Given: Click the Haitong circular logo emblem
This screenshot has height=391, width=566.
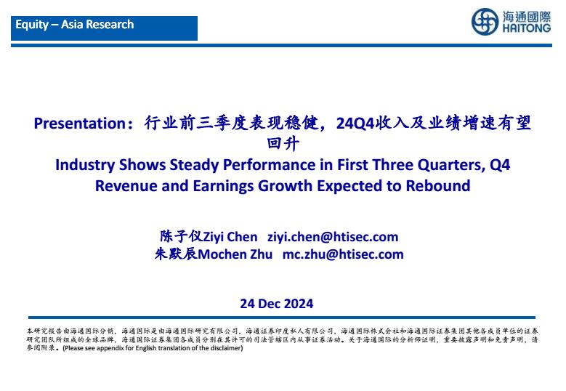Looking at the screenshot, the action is pos(485,22).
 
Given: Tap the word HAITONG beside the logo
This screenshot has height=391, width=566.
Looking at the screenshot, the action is pos(526,28).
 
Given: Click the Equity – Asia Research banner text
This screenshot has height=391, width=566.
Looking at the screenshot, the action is pos(75,25).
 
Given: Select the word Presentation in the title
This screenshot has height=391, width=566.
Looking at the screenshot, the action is pos(79,124).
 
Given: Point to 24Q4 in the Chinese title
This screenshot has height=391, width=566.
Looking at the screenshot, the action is pos(355,124).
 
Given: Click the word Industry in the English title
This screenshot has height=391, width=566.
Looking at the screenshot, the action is pos(85,166).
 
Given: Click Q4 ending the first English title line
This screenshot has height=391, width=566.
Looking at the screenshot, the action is pos(500,165).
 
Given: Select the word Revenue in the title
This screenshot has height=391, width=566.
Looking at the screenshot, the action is pos(126,186).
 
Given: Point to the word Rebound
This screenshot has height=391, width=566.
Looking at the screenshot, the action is pos(438,186).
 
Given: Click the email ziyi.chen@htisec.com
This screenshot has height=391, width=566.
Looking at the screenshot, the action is pos(333,237).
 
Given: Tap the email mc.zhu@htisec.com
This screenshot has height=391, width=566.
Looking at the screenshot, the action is pos(343,254).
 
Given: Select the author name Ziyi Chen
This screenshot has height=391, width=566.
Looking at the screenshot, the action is pos(230,237).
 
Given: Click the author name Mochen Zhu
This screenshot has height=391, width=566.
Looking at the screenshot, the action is pos(235,254).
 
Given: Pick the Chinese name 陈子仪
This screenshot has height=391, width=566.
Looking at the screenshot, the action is pos(182,236).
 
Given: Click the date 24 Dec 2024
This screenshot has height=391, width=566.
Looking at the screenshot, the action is pos(277,304).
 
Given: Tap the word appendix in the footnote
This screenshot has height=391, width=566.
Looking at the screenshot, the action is pos(110,348).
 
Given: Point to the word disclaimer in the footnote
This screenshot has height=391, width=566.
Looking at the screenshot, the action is pos(228,348).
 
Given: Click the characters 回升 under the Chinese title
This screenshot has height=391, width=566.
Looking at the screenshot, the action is pos(283,144).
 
